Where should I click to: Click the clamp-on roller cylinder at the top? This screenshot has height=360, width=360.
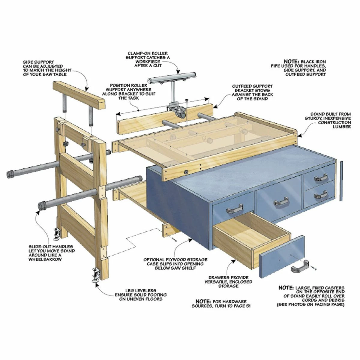[x=172, y=78]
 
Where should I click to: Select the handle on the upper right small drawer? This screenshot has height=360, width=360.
[x=321, y=177]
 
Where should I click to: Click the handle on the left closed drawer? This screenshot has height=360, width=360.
[x=235, y=209]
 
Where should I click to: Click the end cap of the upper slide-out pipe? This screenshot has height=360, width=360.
[x=10, y=174]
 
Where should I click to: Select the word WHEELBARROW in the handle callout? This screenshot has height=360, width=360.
[x=45, y=259]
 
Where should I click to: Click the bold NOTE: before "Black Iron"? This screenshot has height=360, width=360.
[x=292, y=61]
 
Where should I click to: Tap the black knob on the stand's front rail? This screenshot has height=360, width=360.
[x=186, y=172]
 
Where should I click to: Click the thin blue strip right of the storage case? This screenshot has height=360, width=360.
[x=341, y=181]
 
